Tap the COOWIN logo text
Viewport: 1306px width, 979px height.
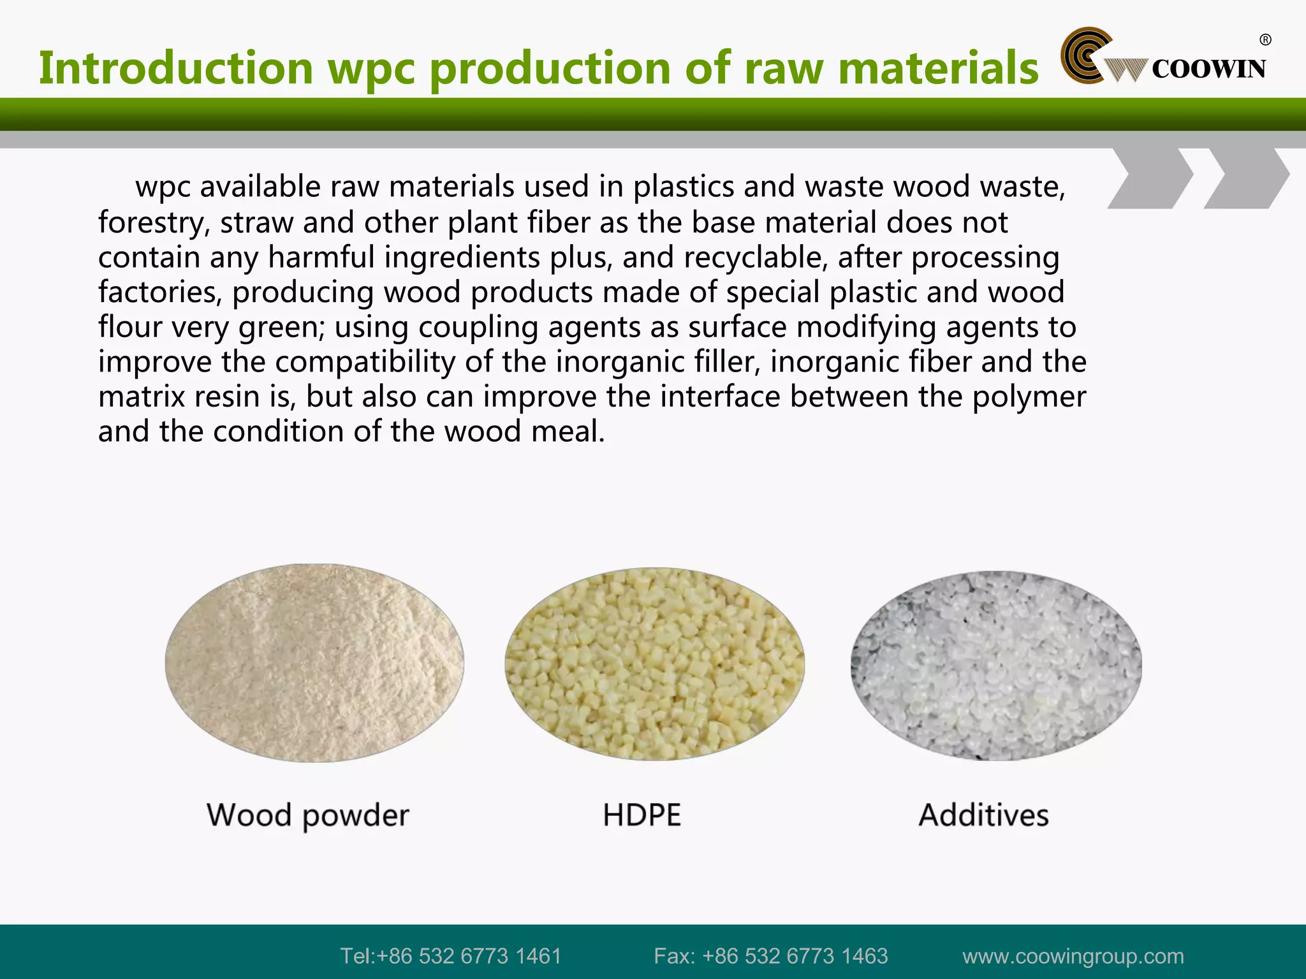1208,69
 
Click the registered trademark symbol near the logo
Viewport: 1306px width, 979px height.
1265,40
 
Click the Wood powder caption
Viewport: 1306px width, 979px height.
307,815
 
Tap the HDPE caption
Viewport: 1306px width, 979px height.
642,815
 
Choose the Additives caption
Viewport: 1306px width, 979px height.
983,815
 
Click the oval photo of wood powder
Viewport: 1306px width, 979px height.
314,663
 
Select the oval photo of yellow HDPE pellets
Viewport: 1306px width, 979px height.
654,664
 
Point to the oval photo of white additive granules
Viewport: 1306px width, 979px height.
996,665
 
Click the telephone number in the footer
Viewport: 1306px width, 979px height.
450,956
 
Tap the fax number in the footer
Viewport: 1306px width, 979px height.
770,956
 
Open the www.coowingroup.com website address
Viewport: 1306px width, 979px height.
1073,956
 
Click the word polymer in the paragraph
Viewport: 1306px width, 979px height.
1029,397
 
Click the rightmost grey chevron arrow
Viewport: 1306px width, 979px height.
1247,178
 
